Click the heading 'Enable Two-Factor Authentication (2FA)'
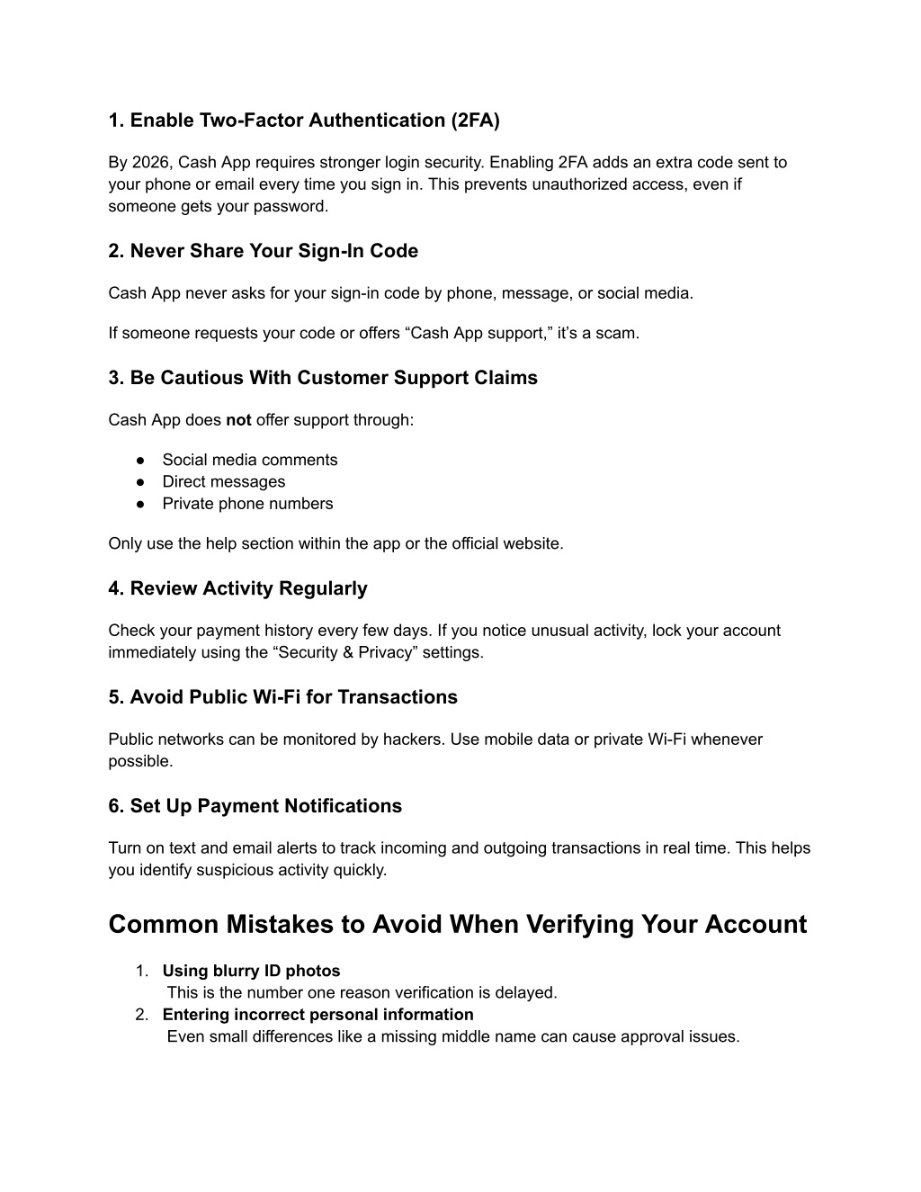[x=304, y=121]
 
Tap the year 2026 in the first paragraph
[x=149, y=163]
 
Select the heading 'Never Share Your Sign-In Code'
[x=263, y=251]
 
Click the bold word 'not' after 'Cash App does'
[x=238, y=420]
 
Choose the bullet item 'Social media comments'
[x=249, y=460]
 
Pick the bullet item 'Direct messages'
[x=223, y=482]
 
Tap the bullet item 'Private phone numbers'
[x=247, y=504]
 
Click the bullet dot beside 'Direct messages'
[x=141, y=482]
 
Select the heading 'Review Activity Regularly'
[x=237, y=588]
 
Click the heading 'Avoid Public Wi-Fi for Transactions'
[x=282, y=697]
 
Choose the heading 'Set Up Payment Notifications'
[x=255, y=806]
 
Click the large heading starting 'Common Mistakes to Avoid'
[x=457, y=925]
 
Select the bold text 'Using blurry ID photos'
[x=251, y=971]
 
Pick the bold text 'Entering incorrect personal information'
[x=317, y=1015]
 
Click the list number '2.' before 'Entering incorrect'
[x=142, y=1015]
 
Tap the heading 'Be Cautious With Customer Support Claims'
[x=323, y=378]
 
